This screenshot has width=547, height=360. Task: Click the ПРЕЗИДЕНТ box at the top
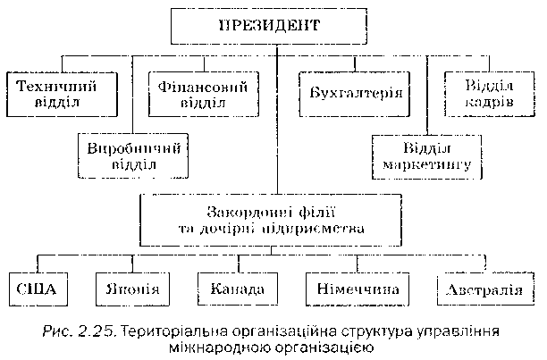[x=267, y=25]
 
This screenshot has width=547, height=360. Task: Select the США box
[x=37, y=290]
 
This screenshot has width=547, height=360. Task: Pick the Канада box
[x=238, y=290]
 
